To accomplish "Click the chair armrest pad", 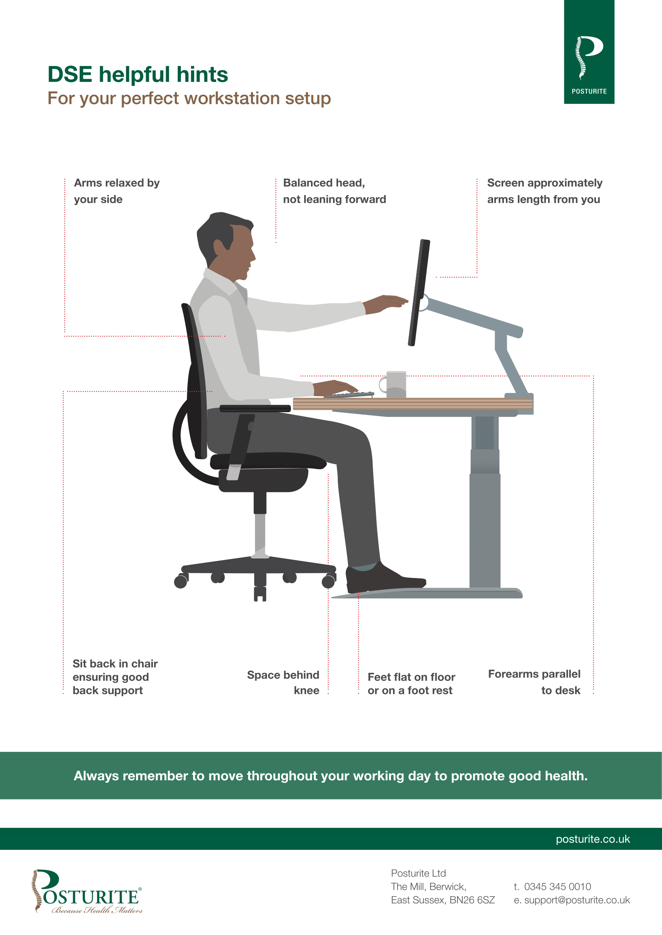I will click(x=255, y=408).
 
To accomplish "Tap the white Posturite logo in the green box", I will click(x=589, y=58).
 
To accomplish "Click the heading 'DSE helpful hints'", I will click(x=138, y=74).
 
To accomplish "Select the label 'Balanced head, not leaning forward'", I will click(x=334, y=191).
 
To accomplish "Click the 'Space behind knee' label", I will click(x=283, y=682).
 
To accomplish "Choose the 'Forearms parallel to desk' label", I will click(x=534, y=682).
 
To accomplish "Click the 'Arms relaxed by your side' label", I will click(x=116, y=191).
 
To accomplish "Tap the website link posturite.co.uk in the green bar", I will click(x=593, y=839).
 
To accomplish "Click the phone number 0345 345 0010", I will click(x=557, y=887).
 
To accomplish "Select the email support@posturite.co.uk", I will click(x=577, y=900).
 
